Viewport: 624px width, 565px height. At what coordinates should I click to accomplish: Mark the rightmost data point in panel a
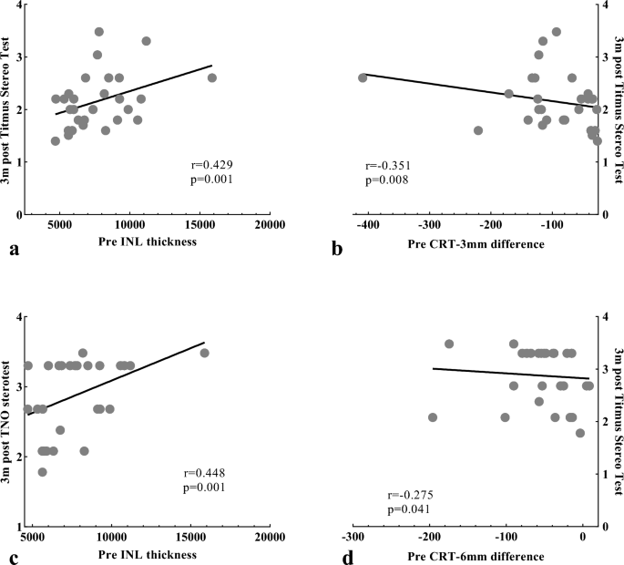click(212, 78)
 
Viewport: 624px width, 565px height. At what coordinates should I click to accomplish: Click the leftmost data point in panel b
click(363, 78)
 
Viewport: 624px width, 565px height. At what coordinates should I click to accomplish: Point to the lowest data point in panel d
click(580, 433)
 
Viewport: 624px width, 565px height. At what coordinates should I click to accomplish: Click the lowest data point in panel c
click(42, 472)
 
